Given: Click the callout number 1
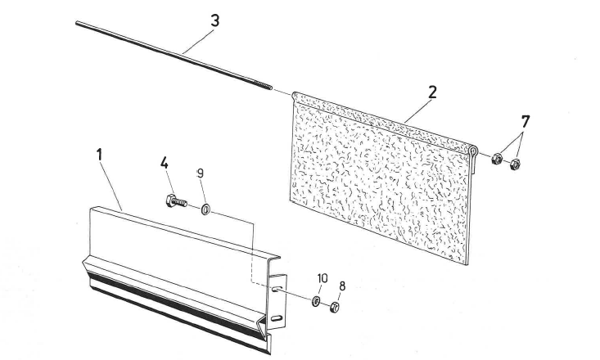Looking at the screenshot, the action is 100,155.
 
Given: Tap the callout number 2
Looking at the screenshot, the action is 432,92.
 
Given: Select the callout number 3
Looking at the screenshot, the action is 215,20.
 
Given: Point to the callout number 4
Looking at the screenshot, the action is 165,163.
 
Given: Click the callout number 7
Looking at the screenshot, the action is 526,122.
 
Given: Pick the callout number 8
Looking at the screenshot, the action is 342,286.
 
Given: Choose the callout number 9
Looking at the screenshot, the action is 200,173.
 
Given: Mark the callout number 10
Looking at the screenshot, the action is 323,278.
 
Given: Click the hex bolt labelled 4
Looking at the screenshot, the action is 177,200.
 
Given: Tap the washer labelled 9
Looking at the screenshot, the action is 206,209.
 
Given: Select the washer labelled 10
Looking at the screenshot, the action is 316,301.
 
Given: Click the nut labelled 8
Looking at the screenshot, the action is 335,307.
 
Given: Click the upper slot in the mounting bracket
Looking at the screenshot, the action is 277,289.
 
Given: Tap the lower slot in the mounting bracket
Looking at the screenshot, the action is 277,318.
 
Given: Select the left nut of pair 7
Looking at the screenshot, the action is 497,158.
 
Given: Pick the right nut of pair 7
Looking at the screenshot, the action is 515,164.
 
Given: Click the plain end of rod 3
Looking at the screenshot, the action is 77,23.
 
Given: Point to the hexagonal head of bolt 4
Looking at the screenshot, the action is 170,200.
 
